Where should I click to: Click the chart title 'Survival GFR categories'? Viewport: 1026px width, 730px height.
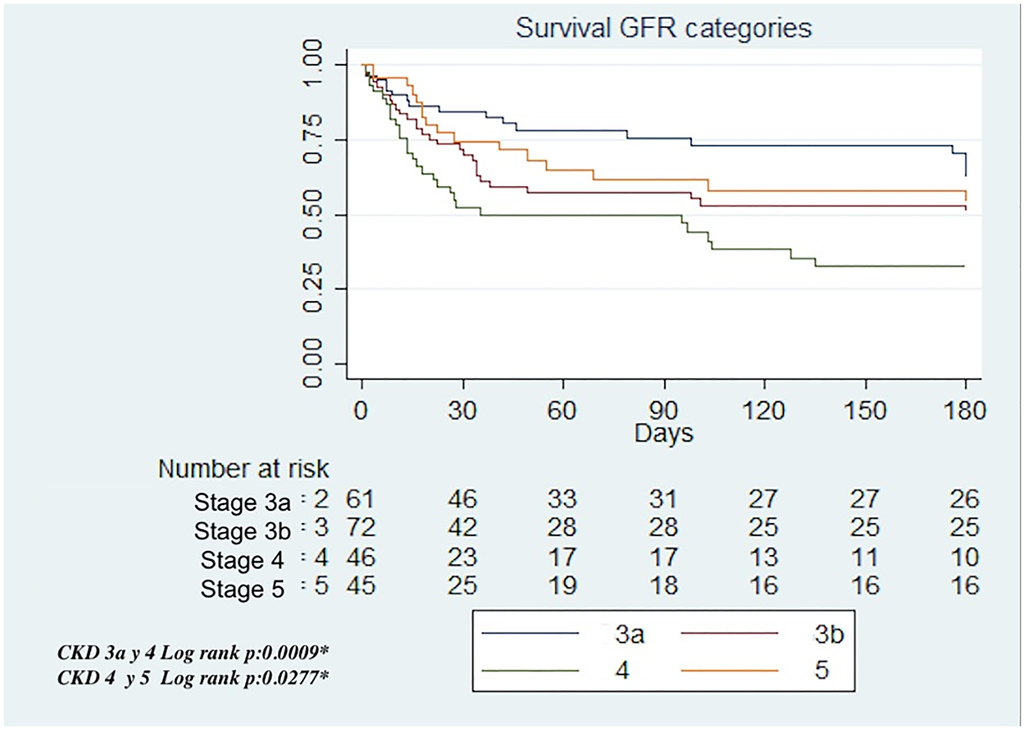[x=664, y=29]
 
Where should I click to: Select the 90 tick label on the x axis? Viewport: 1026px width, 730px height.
[x=664, y=410]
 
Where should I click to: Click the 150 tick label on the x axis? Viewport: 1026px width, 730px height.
[x=865, y=410]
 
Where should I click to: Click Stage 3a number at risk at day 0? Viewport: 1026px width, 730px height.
[x=360, y=499]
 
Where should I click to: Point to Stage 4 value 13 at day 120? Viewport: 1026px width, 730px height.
[x=764, y=557]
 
